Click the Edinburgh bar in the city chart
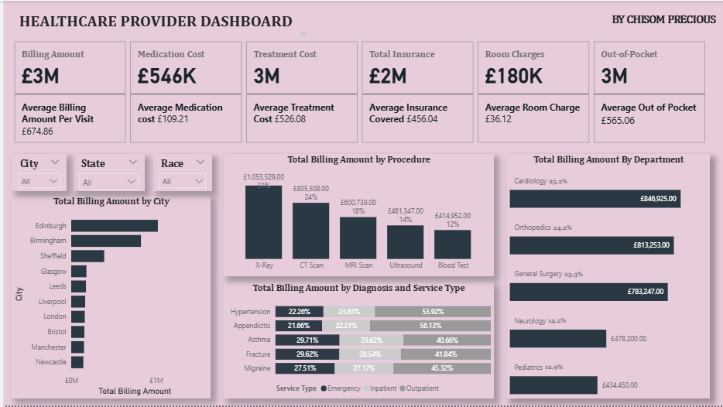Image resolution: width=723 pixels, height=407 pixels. pos(114,226)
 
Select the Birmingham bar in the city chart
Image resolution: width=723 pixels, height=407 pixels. pos(105,241)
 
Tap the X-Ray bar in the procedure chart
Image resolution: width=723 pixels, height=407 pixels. pos(263,222)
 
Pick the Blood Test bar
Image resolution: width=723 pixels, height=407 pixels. pos(452,244)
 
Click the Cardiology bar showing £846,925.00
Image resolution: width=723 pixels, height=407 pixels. pos(595,199)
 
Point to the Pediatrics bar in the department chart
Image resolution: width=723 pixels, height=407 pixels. pos(553,385)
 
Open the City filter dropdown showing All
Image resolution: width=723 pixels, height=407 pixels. pos(39,181)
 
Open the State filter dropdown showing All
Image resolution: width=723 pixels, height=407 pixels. pos(110,182)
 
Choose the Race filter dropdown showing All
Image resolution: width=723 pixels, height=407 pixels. pos(183,181)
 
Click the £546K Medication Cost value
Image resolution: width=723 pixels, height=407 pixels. pos(166,76)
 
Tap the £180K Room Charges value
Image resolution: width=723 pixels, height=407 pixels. pos(514,76)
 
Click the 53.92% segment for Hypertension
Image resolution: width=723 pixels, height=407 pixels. pos(432,311)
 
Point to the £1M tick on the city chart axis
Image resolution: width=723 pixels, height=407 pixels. pos(156,380)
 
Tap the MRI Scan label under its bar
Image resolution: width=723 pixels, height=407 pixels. pos(358,265)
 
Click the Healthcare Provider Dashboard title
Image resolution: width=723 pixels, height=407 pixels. pos(156,22)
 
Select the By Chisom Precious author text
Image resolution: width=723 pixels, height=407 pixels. pos(663,19)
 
